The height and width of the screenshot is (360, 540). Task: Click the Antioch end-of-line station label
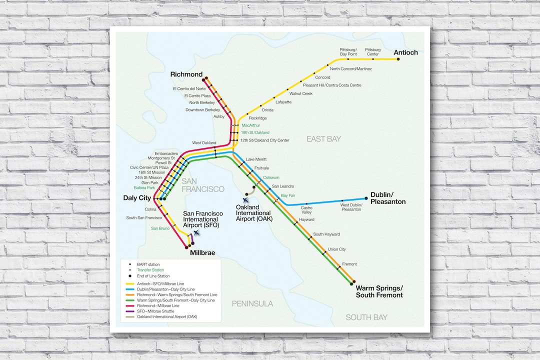tap(405, 52)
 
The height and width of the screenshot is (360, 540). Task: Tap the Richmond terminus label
tap(186, 74)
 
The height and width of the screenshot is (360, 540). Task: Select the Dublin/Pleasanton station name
tap(388, 198)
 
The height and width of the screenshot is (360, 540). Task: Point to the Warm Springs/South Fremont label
tap(379, 291)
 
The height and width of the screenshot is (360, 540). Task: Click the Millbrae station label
tap(202, 253)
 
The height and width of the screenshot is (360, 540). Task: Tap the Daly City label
tap(137, 198)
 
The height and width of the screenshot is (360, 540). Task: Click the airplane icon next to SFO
tap(196, 232)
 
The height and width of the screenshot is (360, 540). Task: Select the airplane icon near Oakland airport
tap(245, 200)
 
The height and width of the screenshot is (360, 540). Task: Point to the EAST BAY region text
tap(323, 139)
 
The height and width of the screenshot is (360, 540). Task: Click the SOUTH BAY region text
tap(366, 317)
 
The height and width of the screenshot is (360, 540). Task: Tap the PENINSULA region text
tap(252, 303)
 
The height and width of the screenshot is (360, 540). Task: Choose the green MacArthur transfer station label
tap(250, 125)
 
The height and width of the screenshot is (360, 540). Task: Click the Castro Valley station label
tap(306, 210)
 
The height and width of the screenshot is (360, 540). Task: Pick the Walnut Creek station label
tap(301, 93)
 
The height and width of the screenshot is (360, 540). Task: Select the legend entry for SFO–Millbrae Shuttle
tap(156, 311)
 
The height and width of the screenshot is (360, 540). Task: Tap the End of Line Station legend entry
tap(153, 276)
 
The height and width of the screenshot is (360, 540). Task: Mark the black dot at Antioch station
tap(398, 59)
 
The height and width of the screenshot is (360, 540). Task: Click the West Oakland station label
tap(204, 143)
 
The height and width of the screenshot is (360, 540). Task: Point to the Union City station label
tap(336, 249)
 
